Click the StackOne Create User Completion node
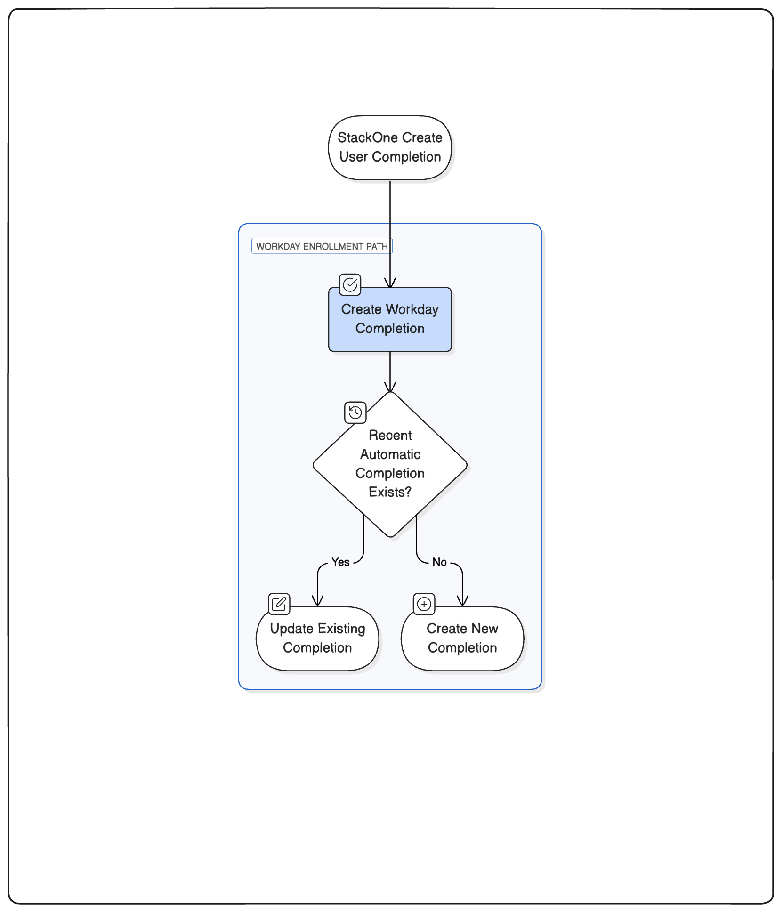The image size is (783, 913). (x=390, y=148)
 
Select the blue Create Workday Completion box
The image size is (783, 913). (x=390, y=319)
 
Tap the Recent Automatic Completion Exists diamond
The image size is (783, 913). (x=390, y=464)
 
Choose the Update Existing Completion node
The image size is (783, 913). (x=317, y=638)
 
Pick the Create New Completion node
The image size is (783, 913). (x=462, y=638)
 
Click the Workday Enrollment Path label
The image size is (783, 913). (x=322, y=246)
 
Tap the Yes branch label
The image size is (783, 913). (x=340, y=562)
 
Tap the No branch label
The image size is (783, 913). (x=439, y=562)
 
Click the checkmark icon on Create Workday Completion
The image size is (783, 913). (x=350, y=284)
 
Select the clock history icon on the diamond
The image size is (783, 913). (x=355, y=412)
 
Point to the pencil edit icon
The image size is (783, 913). (x=279, y=604)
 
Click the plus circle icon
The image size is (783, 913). (x=424, y=604)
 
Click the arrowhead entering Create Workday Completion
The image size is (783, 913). (x=390, y=283)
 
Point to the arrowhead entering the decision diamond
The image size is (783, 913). (x=390, y=387)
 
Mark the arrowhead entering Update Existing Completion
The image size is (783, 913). (x=318, y=601)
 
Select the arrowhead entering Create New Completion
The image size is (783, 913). (x=462, y=601)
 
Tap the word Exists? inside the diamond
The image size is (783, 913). (x=390, y=492)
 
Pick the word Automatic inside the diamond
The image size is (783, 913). (x=390, y=454)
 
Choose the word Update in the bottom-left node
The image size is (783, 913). (x=292, y=629)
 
